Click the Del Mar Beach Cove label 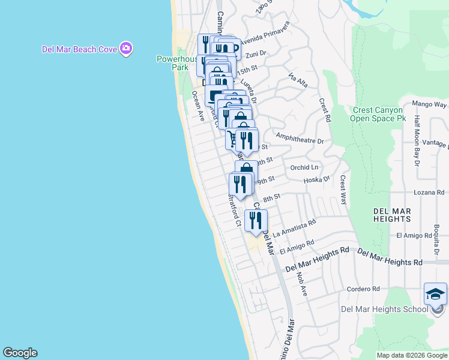[79, 49]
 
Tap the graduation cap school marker [435, 294]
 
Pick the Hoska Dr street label [317, 179]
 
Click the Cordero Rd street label [364, 289]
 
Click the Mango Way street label [429, 104]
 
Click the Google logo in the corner [20, 353]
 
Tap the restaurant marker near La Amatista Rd [256, 221]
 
